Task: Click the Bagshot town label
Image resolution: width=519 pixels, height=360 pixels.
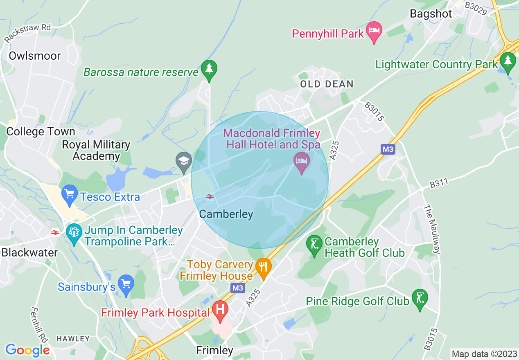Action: (x=431, y=13)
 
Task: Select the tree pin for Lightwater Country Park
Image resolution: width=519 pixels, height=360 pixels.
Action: (x=508, y=63)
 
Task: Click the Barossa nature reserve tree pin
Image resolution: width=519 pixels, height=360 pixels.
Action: (x=209, y=70)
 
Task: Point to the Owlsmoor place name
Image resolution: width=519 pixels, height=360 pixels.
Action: (x=35, y=56)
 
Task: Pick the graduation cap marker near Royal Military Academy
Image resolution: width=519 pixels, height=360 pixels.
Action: (x=183, y=162)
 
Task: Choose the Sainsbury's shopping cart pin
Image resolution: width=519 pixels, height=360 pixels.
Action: (x=126, y=285)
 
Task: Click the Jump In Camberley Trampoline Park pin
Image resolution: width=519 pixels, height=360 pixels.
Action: (x=74, y=234)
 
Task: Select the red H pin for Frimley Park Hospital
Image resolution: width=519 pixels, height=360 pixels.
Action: (x=220, y=310)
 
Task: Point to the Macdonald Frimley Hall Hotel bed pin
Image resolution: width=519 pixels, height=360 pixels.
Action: (x=302, y=162)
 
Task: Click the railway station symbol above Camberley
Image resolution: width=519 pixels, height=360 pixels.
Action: (x=210, y=197)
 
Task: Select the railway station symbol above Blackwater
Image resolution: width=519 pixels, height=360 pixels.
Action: (x=55, y=233)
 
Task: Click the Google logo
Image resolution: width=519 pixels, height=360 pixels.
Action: (x=27, y=350)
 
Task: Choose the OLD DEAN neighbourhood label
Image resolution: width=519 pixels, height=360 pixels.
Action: (x=327, y=84)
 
